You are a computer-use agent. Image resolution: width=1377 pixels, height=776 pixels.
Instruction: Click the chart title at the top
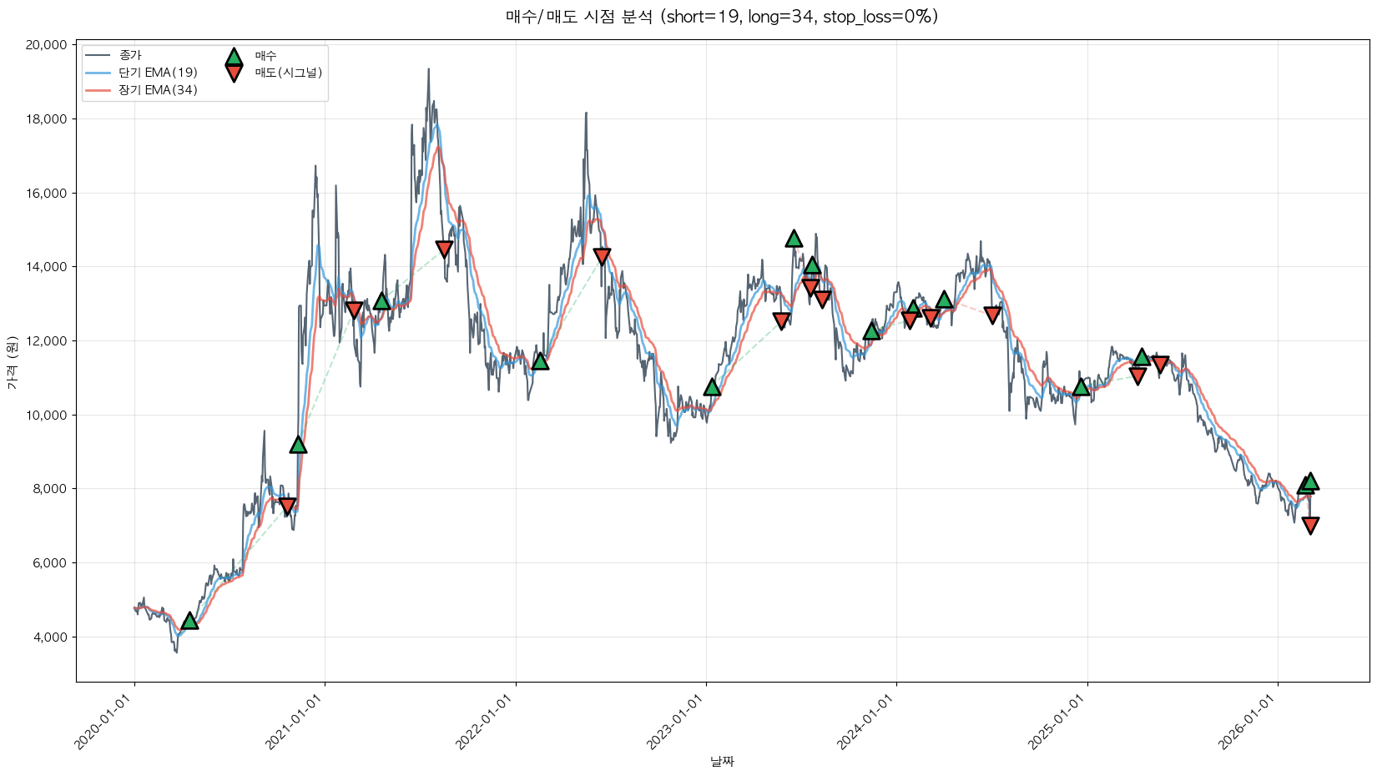pyautogui.click(x=722, y=17)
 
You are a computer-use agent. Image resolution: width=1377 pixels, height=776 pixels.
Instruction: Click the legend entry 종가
pyautogui.click(x=130, y=55)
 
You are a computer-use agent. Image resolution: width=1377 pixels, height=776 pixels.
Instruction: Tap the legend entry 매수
pyautogui.click(x=265, y=56)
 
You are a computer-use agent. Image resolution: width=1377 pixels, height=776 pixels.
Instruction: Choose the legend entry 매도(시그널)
pyautogui.click(x=288, y=73)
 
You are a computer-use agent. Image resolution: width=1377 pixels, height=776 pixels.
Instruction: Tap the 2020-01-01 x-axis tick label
pyautogui.click(x=105, y=723)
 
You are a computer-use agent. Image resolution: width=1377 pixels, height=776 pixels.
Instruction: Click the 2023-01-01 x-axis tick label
pyautogui.click(x=677, y=723)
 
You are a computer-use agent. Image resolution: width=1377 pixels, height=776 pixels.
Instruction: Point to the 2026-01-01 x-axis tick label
pyautogui.click(x=1248, y=723)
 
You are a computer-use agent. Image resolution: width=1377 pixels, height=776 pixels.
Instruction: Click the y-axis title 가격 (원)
pyautogui.click(x=12, y=363)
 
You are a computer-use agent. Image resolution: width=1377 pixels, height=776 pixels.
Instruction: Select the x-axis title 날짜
pyautogui.click(x=722, y=761)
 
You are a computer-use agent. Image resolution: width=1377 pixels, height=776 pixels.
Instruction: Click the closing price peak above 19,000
pyautogui.click(x=428, y=70)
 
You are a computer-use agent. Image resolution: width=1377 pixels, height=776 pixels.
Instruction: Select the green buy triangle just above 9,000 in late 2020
pyautogui.click(x=298, y=445)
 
